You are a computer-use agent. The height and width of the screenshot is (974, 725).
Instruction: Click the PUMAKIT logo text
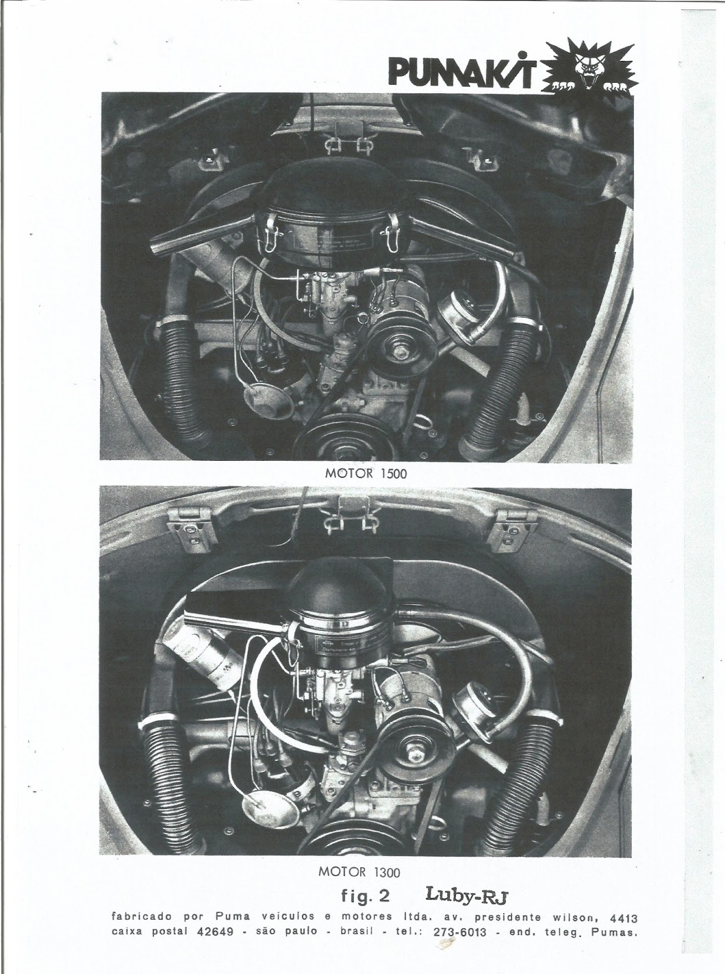click(x=464, y=72)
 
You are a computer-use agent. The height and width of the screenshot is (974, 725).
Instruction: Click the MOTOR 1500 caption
click(x=366, y=474)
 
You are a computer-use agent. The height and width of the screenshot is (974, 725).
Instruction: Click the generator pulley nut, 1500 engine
click(x=403, y=352)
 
